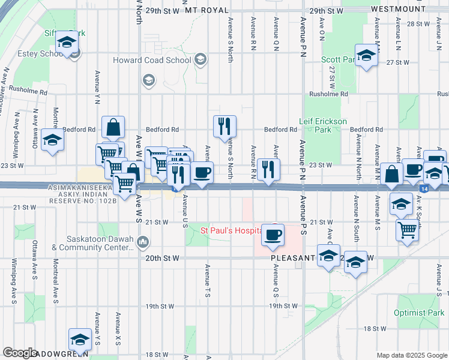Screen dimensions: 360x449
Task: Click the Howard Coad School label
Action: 152,61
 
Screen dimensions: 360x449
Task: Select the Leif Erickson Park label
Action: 323,125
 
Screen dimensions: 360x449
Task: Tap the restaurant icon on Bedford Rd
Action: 224,125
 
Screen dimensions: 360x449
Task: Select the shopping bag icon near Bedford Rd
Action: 113,127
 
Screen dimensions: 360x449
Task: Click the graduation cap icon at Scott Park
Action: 365,56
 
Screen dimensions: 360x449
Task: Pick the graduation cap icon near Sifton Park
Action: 67,42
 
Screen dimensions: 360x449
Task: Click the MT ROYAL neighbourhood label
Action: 207,11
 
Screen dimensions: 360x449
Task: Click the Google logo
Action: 20,353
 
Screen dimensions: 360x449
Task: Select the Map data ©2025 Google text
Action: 412,355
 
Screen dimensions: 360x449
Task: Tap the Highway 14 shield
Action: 424,188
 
